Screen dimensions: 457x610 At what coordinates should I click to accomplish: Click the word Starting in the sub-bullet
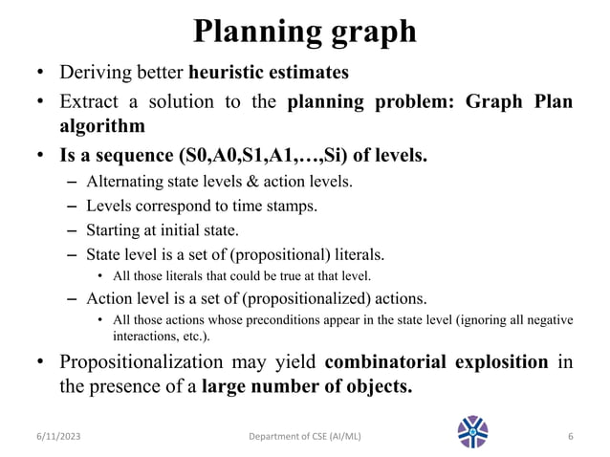[112, 230]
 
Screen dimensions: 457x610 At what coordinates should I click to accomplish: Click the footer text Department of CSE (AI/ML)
[303, 437]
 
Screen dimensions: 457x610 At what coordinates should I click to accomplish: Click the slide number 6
[570, 437]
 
